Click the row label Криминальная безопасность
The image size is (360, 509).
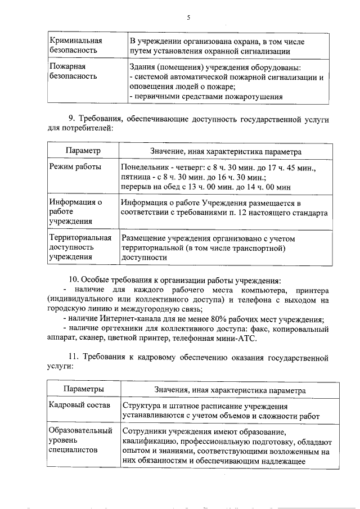76,46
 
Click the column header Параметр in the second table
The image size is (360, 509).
83,151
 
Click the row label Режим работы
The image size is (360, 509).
75,167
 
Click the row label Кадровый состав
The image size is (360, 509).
79,406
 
